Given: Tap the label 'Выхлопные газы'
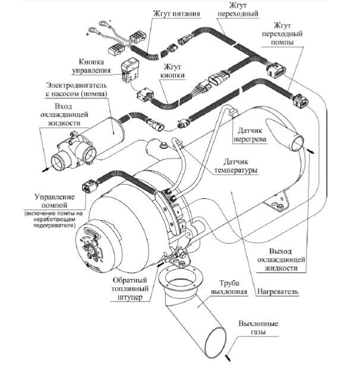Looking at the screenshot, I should coord(258,327).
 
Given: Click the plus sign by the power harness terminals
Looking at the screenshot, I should coord(87,35).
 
